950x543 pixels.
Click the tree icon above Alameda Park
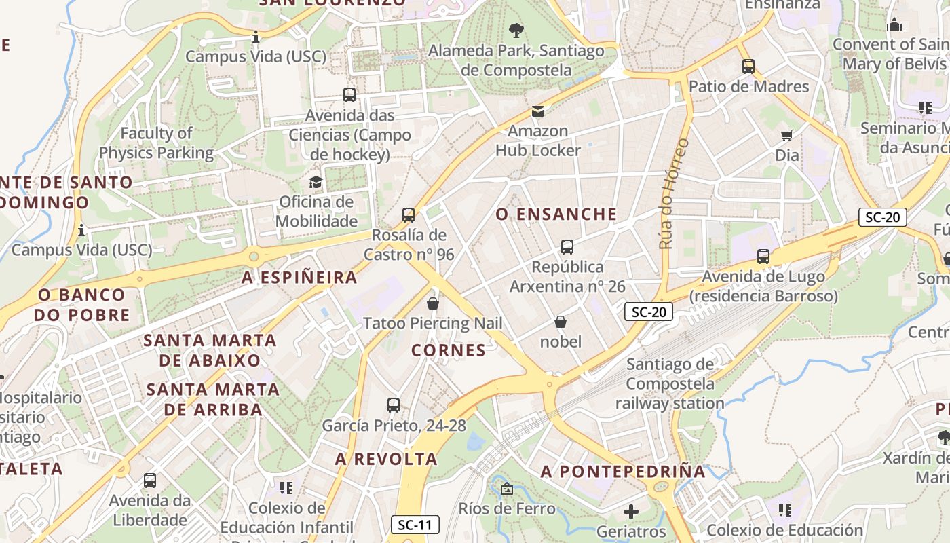pos(516,30)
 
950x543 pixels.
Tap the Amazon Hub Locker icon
pos(538,111)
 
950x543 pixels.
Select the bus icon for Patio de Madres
pos(748,67)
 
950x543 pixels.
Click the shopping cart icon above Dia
pos(787,135)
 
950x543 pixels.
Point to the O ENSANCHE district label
pos(556,214)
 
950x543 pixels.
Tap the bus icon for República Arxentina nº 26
pos(567,247)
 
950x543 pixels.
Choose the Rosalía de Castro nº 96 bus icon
pos(408,215)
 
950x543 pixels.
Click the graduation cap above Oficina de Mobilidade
pos(316,182)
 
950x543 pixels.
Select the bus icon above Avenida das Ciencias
pos(349,95)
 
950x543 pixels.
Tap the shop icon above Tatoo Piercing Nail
pos(433,303)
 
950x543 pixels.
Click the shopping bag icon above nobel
pos(560,322)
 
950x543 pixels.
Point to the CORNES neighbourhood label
pos(449,350)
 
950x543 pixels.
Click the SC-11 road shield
pos(415,525)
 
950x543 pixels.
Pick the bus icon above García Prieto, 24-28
pos(394,405)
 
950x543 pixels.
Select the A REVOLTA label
pos(386,459)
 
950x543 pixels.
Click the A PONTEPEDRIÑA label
pos(623,472)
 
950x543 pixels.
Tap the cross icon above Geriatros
pos(631,511)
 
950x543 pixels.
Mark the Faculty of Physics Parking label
pos(157,143)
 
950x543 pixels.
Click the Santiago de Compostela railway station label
pos(670,383)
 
